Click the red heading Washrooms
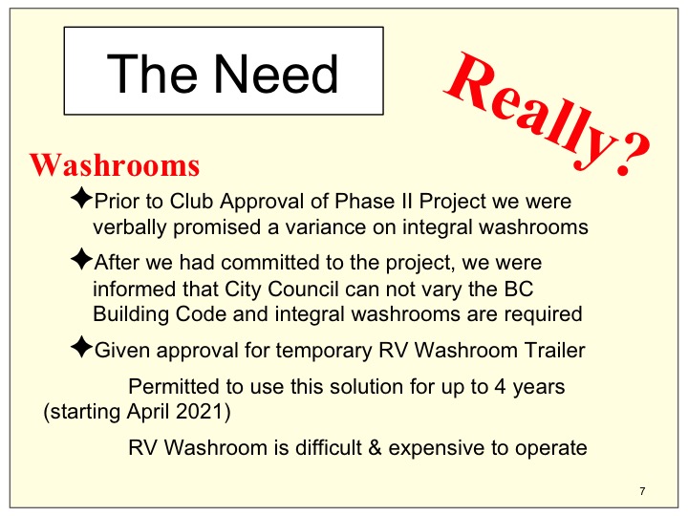(115, 165)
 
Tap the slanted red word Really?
(547, 115)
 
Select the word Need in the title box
(276, 74)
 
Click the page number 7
(642, 491)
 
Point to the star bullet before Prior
(81, 198)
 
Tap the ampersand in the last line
(376, 448)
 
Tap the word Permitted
(174, 387)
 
